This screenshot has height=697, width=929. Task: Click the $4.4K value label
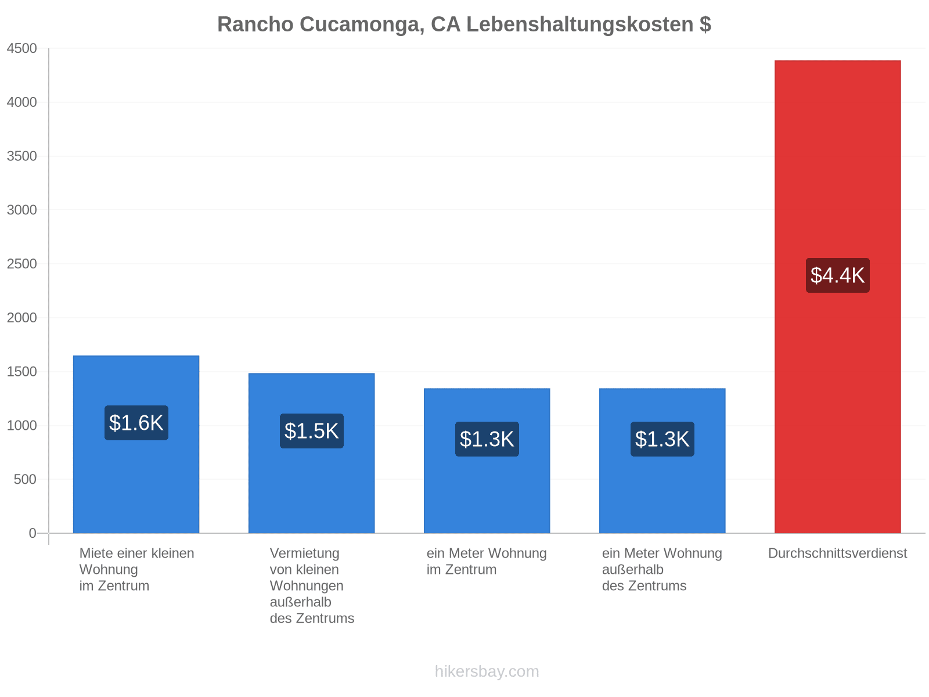tap(838, 275)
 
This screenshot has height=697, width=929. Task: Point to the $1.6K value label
tap(136, 423)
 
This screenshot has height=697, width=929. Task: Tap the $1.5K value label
tap(311, 431)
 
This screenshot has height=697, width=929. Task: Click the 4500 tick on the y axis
tap(22, 48)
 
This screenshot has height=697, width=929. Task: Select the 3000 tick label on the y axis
tap(22, 210)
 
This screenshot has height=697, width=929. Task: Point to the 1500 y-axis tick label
tap(22, 372)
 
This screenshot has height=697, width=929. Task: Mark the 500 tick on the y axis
tap(25, 480)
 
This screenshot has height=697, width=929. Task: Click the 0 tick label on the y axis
tap(33, 533)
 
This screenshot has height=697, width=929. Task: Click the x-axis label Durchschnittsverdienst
tap(838, 554)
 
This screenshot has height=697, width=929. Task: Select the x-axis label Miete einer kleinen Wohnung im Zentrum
tap(136, 570)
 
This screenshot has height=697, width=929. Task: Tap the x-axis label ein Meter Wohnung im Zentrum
tap(487, 562)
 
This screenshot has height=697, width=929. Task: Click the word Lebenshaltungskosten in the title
tap(580, 24)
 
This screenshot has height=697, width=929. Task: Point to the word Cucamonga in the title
tap(362, 24)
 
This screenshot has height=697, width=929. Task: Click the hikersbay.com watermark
tap(487, 671)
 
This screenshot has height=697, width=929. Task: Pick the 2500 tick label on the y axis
tap(22, 264)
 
